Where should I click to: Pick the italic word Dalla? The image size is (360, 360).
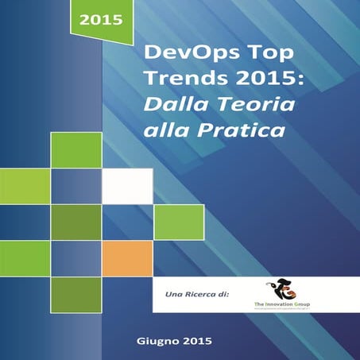(x=168, y=104)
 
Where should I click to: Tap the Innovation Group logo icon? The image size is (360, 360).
(x=284, y=288)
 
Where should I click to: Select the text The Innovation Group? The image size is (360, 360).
(x=284, y=304)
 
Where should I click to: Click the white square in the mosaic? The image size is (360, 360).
(x=127, y=187)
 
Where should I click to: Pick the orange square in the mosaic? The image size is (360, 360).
(x=127, y=258)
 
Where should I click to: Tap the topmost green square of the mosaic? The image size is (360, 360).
(x=76, y=150)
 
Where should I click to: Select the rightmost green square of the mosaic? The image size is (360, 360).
(x=178, y=223)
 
